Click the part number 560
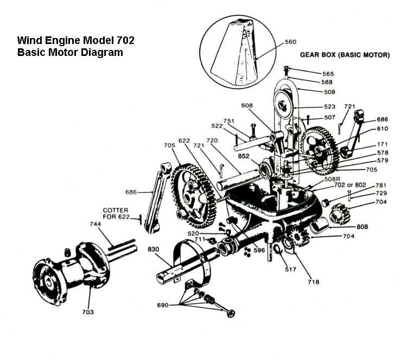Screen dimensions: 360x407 [x=291, y=41]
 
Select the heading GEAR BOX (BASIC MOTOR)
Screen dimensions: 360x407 [x=345, y=55]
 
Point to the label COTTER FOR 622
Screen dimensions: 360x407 [x=119, y=213]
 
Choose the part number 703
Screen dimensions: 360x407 [x=88, y=312]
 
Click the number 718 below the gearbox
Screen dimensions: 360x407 [x=313, y=282]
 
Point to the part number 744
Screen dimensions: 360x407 [x=96, y=223]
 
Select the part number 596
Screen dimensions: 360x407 [x=259, y=250]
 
